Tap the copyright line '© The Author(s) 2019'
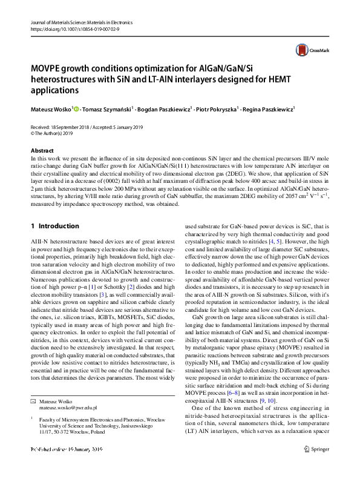click(55, 134)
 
